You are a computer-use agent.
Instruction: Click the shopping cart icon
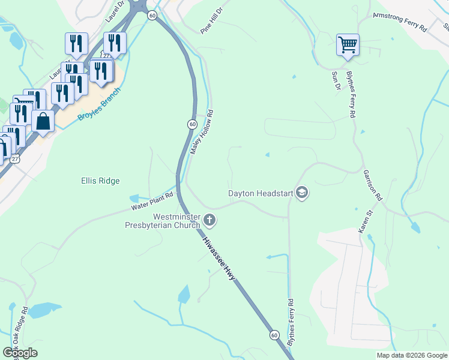point(348,44)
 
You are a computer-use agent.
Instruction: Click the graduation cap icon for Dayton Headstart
point(303,193)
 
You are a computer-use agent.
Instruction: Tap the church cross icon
point(209,220)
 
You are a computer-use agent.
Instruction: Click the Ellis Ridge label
point(100,181)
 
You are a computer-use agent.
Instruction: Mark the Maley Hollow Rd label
point(202,132)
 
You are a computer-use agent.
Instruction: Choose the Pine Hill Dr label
point(211,20)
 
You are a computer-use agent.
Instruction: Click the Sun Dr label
point(336,80)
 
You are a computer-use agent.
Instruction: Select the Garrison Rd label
point(372,184)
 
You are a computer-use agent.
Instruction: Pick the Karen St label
point(363,222)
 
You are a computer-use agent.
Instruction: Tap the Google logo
point(20,353)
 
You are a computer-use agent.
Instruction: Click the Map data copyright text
point(412,355)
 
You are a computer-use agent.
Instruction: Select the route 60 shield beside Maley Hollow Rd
point(191,124)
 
